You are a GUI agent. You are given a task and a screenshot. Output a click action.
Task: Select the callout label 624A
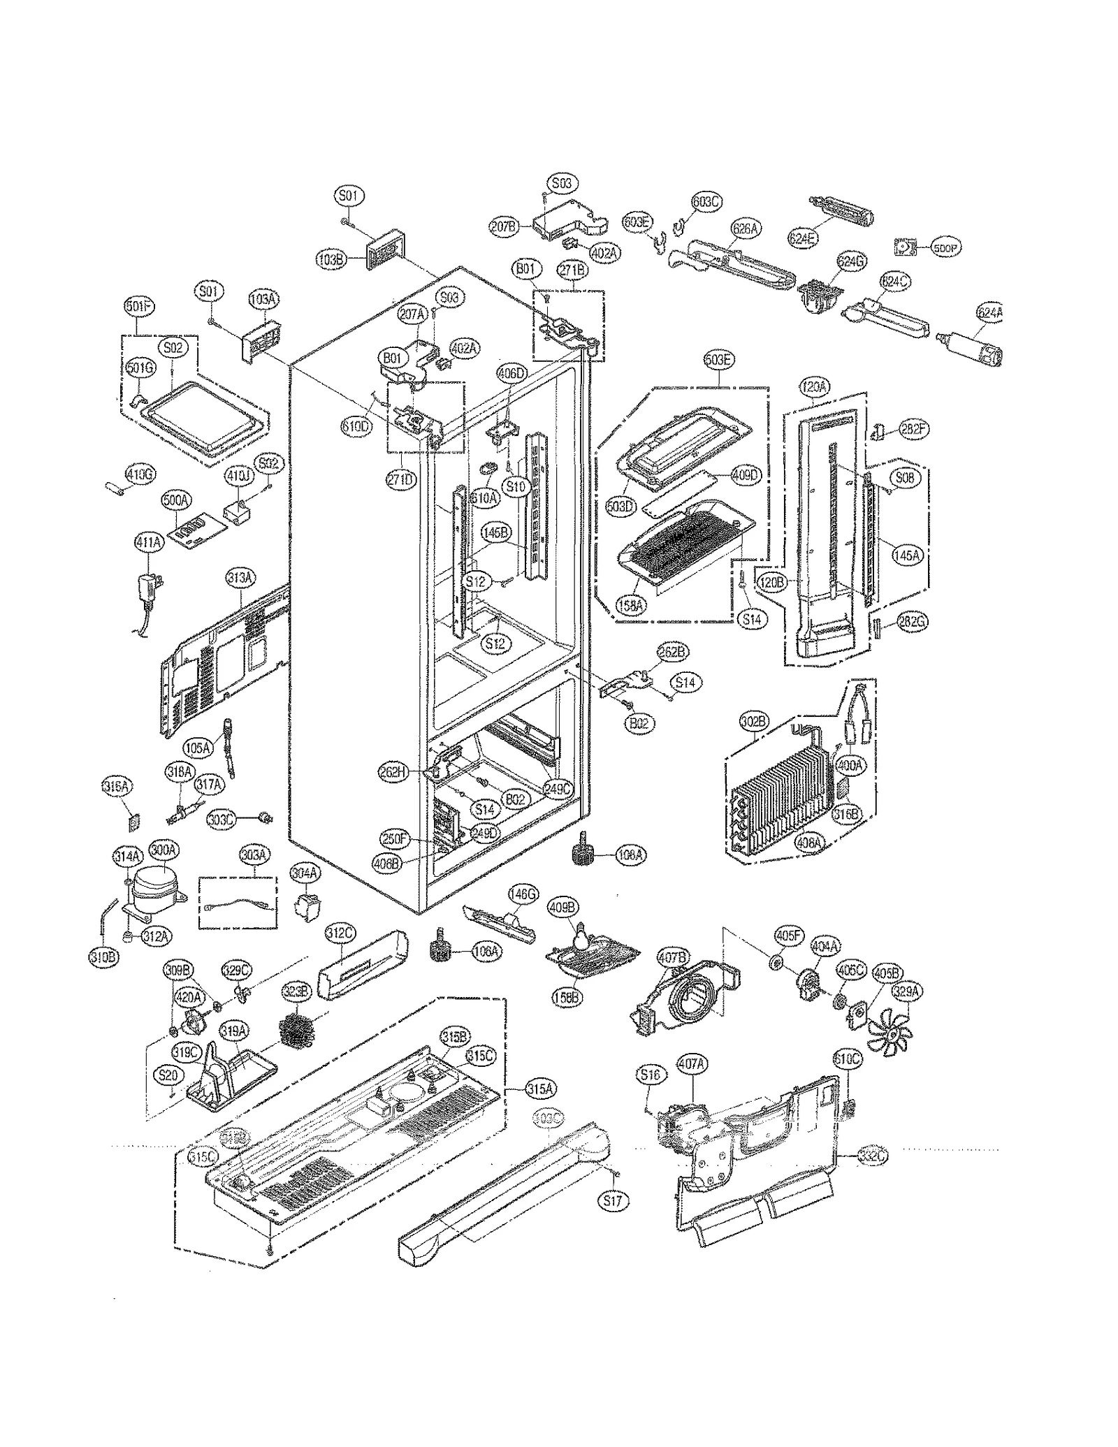989,313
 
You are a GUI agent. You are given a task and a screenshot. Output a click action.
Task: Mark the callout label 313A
240,577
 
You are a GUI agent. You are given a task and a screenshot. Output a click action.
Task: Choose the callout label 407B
673,958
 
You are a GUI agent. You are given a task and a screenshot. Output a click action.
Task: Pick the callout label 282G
912,621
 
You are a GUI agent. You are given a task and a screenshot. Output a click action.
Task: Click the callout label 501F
138,306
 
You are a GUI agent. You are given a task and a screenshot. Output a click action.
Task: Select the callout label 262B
672,653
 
